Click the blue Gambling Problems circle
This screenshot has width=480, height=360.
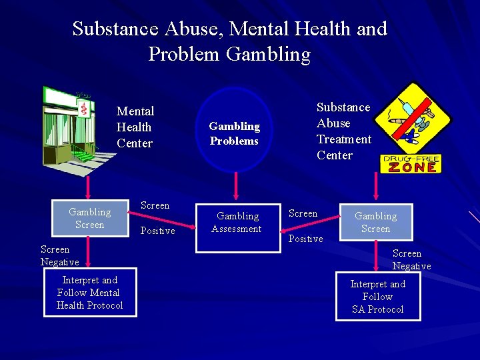(235, 131)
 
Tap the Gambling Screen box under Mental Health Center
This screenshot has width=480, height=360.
(90, 218)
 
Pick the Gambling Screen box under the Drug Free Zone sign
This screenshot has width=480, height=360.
(375, 222)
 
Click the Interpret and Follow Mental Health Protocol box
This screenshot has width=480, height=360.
(89, 293)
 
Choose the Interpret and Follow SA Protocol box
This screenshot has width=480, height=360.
(377, 297)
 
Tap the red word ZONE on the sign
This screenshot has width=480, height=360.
(413, 167)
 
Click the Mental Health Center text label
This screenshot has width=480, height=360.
(135, 127)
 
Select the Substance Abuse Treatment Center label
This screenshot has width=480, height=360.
(343, 131)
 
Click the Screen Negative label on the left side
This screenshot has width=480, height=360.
(59, 256)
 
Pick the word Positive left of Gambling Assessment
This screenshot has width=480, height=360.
(158, 231)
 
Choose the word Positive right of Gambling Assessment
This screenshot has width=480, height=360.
(305, 239)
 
